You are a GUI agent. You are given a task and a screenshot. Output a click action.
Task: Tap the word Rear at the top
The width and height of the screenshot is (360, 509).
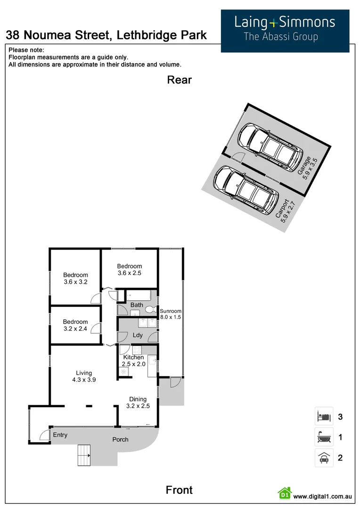click(x=179, y=80)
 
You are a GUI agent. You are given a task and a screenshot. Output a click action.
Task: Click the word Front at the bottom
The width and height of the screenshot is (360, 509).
click(x=179, y=490)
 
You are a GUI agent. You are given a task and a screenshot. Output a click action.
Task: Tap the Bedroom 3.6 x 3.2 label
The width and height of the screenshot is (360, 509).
click(x=75, y=279)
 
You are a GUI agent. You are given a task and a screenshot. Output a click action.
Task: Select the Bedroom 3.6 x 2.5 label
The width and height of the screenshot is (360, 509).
click(x=129, y=270)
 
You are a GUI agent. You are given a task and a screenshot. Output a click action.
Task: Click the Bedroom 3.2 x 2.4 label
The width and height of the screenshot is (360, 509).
click(x=75, y=326)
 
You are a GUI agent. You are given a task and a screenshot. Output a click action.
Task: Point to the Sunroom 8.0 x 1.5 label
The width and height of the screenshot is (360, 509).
click(x=170, y=314)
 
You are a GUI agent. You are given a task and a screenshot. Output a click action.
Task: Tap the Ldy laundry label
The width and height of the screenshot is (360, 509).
click(x=138, y=336)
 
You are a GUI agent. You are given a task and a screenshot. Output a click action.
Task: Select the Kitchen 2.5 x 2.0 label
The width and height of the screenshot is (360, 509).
click(x=133, y=361)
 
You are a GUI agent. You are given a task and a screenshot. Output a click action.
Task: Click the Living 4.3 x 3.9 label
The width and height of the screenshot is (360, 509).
click(x=84, y=377)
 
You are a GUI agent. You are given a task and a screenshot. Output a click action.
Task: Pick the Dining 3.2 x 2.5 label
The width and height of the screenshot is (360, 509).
click(x=138, y=402)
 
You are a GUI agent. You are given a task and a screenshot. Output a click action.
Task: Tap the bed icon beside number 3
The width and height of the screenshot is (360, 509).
click(x=324, y=417)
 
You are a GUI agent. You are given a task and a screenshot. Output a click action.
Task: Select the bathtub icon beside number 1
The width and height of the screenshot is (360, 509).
click(x=324, y=437)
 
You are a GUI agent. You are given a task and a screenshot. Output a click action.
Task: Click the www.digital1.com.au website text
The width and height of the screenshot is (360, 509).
click(x=323, y=496)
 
